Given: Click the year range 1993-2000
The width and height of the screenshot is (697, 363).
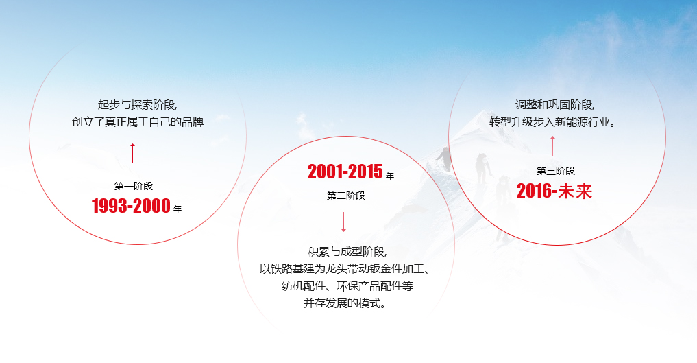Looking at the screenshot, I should coord(131,206).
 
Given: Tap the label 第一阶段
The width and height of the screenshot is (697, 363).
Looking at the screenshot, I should coord(134,185).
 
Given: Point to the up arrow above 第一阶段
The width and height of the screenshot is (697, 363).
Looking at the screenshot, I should coord(132,153).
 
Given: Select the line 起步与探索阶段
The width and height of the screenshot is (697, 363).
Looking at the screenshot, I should coord(138,105).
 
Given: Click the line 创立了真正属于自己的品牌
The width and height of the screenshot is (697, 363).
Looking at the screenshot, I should coord(138,123).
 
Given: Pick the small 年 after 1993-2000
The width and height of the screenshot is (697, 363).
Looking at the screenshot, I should coord(178,209).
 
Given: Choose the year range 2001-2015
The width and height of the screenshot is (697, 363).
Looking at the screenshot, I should coord(345,172).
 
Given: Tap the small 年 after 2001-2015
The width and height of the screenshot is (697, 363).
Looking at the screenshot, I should coord(390,176).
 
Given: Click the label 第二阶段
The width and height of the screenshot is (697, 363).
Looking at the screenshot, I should coord(346,196).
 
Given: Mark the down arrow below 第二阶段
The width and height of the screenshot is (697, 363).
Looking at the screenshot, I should coord(343,222).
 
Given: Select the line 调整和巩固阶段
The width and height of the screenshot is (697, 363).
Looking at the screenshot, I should coord(555,105).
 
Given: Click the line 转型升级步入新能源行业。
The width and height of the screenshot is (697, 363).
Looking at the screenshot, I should coord(555,123).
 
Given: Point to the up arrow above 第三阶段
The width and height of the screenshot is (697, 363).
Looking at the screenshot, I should coord(552,145).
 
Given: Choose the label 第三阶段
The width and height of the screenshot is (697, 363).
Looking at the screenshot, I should coord(556,171).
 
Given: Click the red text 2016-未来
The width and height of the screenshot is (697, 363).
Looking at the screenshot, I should coord(554,191).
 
